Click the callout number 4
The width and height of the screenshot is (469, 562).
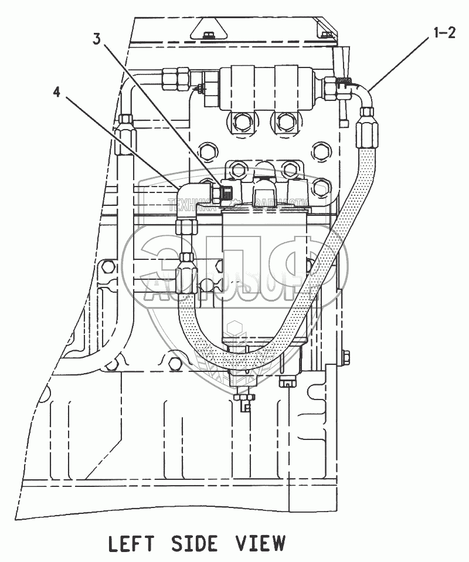tap(56, 92)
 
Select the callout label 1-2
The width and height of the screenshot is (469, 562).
tap(444, 33)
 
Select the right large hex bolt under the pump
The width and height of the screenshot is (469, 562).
tap(286, 122)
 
